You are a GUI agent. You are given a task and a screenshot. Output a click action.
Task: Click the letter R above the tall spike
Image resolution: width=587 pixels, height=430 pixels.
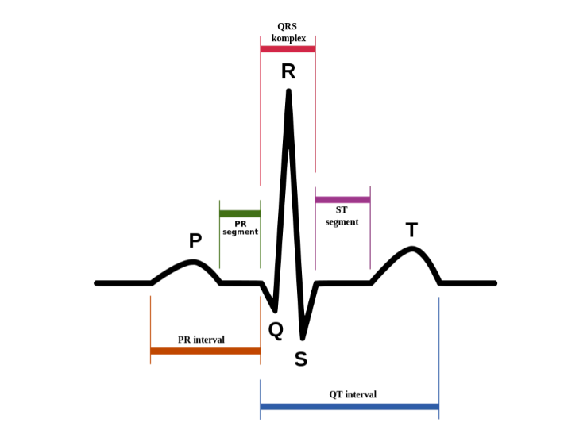288,71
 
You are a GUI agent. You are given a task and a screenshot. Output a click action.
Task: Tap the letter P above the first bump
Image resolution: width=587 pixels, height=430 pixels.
195,240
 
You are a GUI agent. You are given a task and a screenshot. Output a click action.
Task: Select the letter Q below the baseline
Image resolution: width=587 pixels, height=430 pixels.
276,331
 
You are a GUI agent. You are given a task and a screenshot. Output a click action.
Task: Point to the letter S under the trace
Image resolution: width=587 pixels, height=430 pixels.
300,359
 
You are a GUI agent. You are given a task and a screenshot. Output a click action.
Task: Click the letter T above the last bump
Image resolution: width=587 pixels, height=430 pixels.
411,229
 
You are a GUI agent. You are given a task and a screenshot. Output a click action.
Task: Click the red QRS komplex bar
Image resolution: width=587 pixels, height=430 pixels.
288,49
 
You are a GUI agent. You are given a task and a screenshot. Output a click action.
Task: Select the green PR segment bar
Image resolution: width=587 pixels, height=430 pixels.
240,214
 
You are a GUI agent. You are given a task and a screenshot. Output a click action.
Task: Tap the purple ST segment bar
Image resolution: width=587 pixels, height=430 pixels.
343,200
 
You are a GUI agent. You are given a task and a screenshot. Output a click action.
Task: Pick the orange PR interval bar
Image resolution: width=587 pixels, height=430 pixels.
206,351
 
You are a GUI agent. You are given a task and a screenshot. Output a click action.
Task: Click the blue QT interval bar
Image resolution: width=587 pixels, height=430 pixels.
349,406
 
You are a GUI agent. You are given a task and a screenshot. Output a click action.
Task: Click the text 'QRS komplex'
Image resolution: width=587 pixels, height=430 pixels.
288,33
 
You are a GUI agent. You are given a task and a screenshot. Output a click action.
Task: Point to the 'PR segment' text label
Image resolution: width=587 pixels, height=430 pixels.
241,228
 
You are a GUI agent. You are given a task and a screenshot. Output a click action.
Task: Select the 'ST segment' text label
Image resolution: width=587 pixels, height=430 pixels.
342,216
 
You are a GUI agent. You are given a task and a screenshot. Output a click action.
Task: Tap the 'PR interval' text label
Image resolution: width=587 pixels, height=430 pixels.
201,340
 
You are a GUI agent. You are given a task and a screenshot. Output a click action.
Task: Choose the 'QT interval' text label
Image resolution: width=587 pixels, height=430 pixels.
353,394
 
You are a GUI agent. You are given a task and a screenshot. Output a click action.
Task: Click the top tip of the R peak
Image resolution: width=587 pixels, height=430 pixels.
288,90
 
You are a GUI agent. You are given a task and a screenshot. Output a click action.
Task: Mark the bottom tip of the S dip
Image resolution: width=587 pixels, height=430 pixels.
303,339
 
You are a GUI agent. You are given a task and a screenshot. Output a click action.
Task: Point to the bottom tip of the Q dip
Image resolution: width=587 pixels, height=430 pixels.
275,311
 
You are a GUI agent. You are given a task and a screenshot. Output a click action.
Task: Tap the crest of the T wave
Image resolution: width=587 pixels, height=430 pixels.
411,248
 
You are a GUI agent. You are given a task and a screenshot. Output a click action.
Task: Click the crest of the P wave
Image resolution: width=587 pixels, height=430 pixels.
193,261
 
